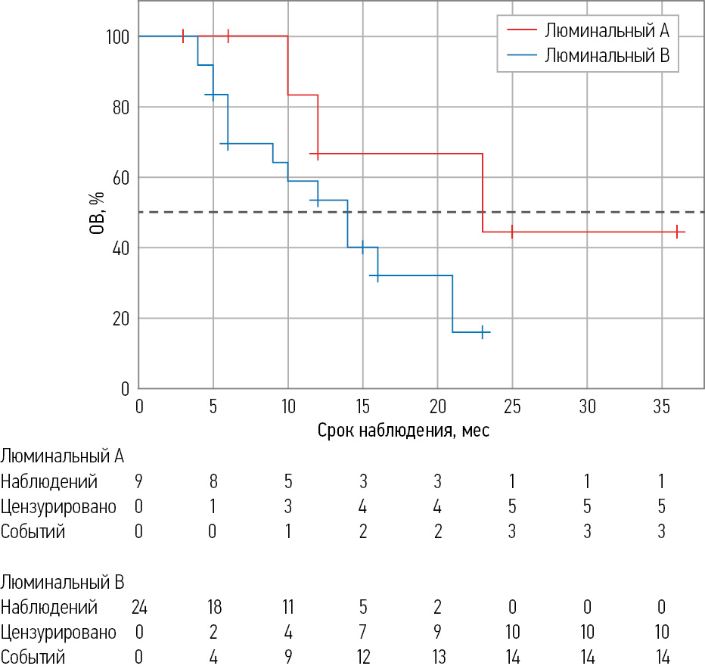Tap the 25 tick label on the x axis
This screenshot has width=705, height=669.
[512, 406]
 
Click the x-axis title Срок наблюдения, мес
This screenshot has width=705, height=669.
[403, 431]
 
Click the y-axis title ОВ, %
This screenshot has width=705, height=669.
[97, 212]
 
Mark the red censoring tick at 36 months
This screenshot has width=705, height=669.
[677, 232]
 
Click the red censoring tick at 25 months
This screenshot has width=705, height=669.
[512, 232]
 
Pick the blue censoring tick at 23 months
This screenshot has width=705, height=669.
[483, 332]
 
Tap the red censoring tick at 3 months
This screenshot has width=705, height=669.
[183, 36]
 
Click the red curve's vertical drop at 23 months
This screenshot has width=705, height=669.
[483, 193]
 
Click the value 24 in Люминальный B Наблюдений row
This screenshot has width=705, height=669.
[139, 607]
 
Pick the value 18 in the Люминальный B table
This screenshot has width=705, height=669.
[213, 607]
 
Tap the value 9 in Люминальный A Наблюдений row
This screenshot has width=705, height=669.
[139, 481]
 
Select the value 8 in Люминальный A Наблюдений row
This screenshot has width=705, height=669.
[213, 481]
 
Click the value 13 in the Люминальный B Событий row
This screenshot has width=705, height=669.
[437, 657]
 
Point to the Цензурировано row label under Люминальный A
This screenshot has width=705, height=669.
[58, 506]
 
